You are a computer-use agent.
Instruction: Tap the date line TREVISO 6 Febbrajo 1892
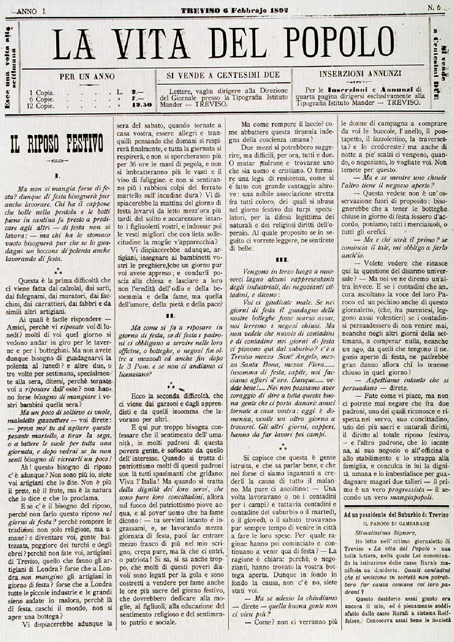click(234, 10)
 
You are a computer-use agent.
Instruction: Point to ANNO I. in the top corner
click(31, 11)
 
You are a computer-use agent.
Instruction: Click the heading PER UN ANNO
click(87, 77)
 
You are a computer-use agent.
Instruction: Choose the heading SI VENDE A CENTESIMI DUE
click(223, 75)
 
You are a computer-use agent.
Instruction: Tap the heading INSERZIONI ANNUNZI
click(360, 73)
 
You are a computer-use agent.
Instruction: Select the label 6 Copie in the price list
click(42, 99)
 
